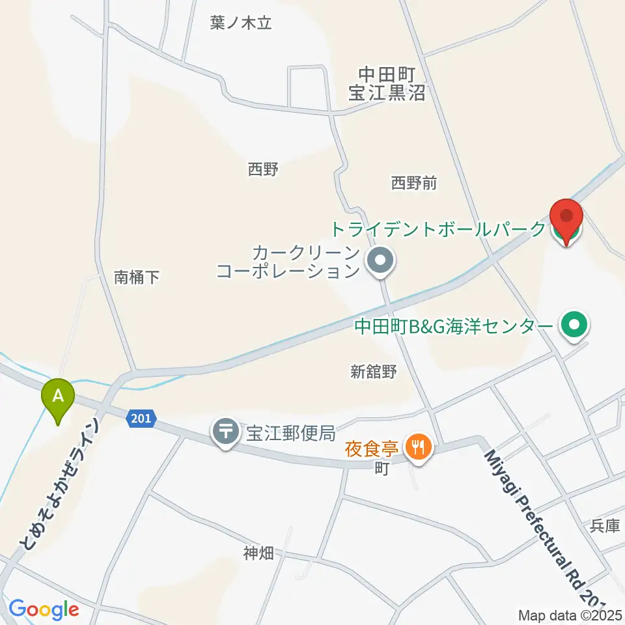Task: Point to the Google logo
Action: (x=44, y=609)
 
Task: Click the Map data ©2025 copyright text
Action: (x=570, y=615)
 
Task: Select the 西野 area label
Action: (x=263, y=170)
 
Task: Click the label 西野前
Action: (x=413, y=184)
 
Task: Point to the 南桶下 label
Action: (x=137, y=277)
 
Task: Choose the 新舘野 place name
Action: (x=373, y=372)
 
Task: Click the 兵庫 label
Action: (x=605, y=525)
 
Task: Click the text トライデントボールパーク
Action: (x=438, y=229)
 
